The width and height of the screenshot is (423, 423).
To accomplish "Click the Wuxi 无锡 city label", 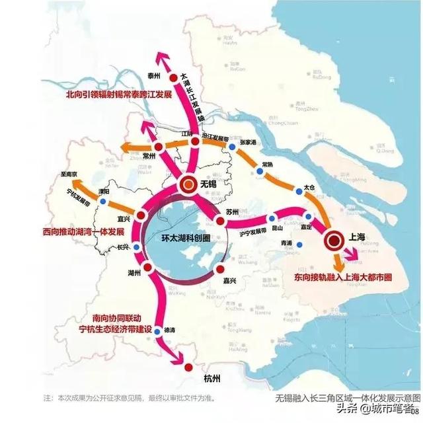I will click(x=211, y=185).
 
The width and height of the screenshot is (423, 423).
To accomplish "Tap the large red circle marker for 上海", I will click(x=335, y=242).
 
